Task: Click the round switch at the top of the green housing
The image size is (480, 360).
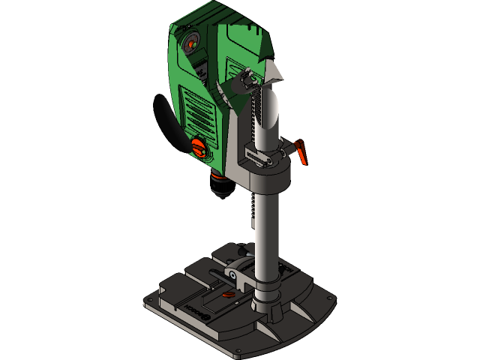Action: [x=190, y=43]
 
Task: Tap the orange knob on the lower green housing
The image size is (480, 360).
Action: [x=199, y=147]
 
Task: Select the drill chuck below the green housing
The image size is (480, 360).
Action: [x=222, y=184]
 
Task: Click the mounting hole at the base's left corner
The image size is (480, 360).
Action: [x=150, y=300]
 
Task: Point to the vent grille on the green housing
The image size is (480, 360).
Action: [x=201, y=112]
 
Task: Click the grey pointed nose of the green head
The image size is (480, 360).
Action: [x=274, y=71]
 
